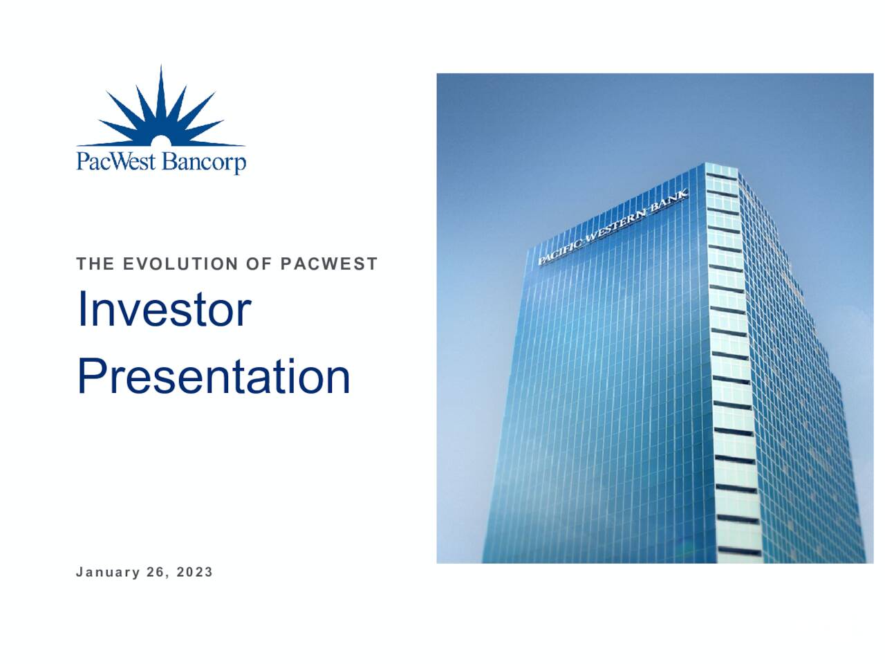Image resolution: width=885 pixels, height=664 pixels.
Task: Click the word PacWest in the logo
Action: point(116,162)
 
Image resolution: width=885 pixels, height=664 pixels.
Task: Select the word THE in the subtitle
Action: point(95,264)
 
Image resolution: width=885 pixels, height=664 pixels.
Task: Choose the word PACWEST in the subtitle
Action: point(329,264)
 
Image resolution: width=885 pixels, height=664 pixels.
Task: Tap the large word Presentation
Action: point(213,377)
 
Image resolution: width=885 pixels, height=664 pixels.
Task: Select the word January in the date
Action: point(108,572)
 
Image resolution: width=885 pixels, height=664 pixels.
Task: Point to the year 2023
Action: point(194,572)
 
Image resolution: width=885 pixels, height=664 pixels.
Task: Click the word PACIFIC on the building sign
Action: point(561,250)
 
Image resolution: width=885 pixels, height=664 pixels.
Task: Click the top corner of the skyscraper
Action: point(705,165)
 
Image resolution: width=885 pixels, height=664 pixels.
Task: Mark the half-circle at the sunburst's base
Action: point(160,141)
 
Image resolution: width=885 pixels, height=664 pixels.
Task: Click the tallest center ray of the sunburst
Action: point(161,90)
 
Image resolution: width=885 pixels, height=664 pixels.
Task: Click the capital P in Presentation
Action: point(90,377)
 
